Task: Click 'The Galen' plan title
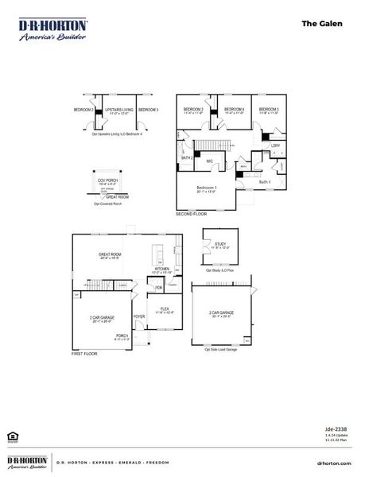click(322, 24)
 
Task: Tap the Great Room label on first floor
click(111, 255)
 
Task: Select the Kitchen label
click(162, 269)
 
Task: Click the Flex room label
click(165, 308)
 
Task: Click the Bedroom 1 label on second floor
click(206, 187)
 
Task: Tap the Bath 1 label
click(264, 182)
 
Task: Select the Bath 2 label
click(187, 158)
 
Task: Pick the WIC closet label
click(209, 161)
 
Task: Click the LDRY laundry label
click(275, 145)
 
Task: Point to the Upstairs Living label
click(116, 109)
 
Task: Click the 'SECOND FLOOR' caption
click(191, 214)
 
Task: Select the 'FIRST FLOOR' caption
click(84, 353)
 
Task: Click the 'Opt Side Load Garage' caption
click(220, 349)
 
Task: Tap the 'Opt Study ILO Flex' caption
click(220, 271)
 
